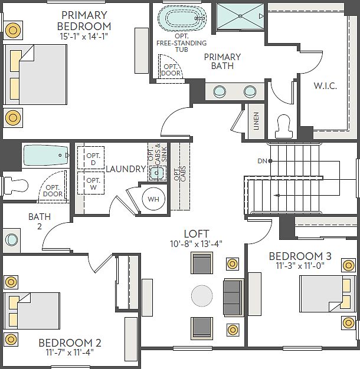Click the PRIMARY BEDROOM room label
84,20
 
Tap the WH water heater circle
153,199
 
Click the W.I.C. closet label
325,86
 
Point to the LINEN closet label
256,123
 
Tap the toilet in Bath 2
15,185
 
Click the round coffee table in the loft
202,295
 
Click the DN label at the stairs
261,160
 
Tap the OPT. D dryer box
91,158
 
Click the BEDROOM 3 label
300,256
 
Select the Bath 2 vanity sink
11,240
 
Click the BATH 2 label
40,222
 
